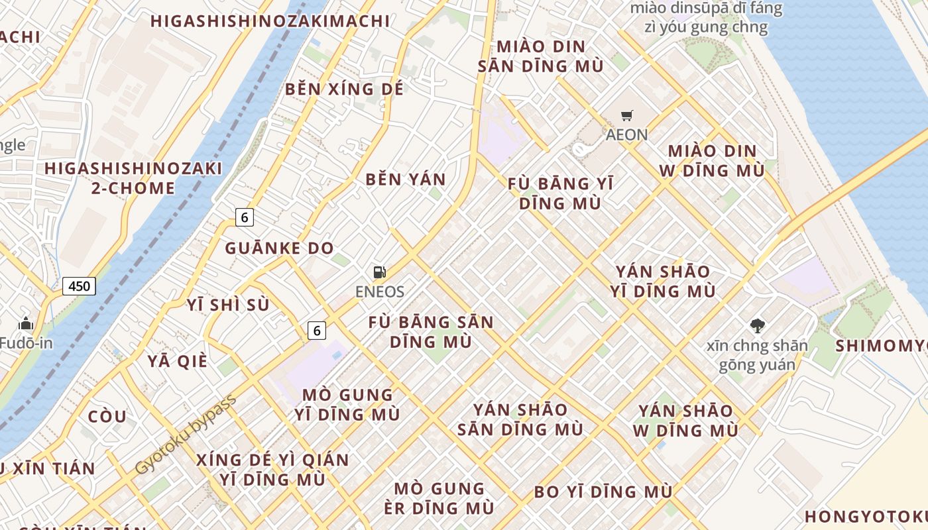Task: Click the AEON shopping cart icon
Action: [x=626, y=116]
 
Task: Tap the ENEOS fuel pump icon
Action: [x=380, y=272]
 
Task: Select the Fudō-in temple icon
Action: [x=26, y=323]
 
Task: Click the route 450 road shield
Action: [x=79, y=286]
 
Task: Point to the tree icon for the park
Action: [x=757, y=325]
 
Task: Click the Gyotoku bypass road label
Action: [x=185, y=435]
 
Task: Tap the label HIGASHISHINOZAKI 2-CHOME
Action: [x=133, y=178]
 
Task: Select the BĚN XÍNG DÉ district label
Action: [x=344, y=89]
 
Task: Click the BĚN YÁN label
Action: [x=406, y=179]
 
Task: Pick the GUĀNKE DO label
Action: [x=279, y=248]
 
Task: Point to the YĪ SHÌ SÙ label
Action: [x=228, y=304]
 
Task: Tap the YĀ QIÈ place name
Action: [x=178, y=361]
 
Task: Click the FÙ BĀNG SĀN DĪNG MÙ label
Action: [x=431, y=332]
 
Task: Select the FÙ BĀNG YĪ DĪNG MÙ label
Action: [x=560, y=193]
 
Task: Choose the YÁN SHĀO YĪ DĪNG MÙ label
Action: [x=663, y=281]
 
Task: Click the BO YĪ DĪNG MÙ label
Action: [x=603, y=492]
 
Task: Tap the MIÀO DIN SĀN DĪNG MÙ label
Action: [x=541, y=56]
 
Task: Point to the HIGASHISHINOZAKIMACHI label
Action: [x=270, y=21]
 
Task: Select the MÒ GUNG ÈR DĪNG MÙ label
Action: [x=439, y=498]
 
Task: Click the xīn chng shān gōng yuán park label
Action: [x=757, y=355]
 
